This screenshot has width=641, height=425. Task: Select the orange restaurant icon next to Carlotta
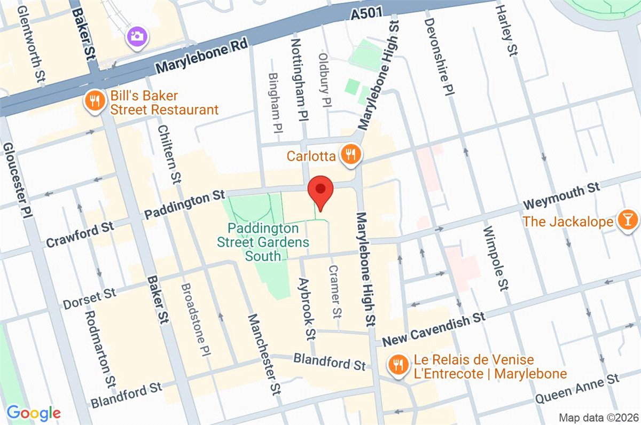351,155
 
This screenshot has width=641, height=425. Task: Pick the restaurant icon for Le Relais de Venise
397,365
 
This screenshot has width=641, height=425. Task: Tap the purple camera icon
137,37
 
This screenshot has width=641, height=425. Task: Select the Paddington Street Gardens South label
263,242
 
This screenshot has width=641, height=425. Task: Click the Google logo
33,412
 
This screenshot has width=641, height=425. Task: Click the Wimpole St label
495,259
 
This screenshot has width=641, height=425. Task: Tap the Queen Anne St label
577,389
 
